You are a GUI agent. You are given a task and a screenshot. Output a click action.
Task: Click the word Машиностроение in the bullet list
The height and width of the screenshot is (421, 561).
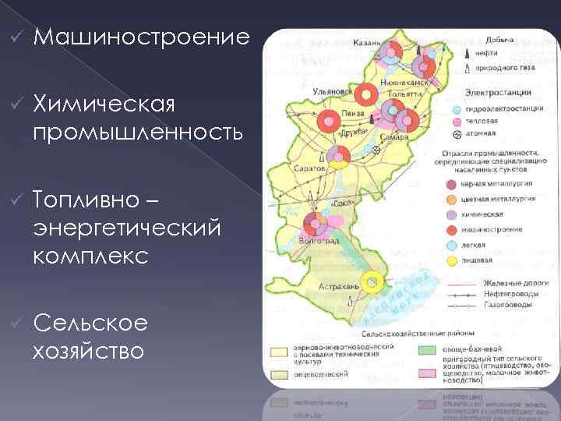(x=142, y=37)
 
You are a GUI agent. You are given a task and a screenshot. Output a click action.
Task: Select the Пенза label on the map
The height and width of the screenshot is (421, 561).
(x=351, y=114)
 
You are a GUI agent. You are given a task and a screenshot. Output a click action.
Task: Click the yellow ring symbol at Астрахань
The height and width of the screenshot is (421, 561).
(x=372, y=282)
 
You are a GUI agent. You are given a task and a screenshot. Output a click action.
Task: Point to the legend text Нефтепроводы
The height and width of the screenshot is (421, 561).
(x=506, y=294)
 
